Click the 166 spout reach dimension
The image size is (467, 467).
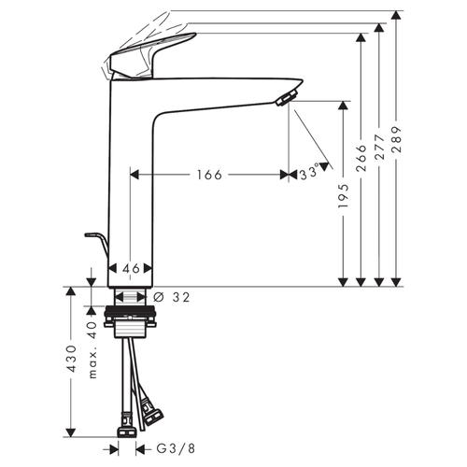pos(210,175)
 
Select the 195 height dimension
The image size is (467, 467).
pos(343,195)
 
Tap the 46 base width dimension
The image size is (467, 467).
pos(131,268)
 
